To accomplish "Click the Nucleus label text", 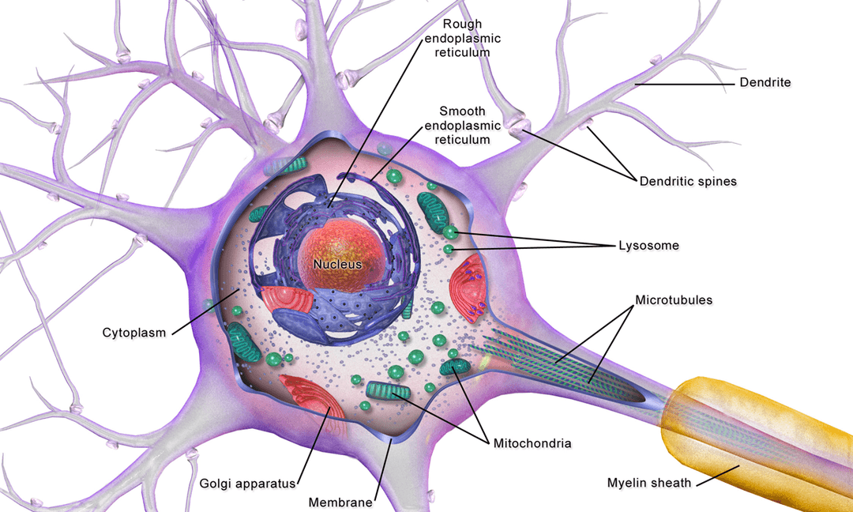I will [x=337, y=264].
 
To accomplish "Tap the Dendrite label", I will [x=765, y=82].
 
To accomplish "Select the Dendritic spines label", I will [x=687, y=182].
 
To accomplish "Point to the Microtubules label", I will [x=674, y=300].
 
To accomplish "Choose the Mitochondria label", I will [x=532, y=443].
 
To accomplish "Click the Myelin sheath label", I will [x=648, y=483].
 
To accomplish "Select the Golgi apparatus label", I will [x=247, y=483].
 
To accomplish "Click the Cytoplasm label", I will [x=134, y=333].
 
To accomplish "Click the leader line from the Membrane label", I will [x=384, y=471].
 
